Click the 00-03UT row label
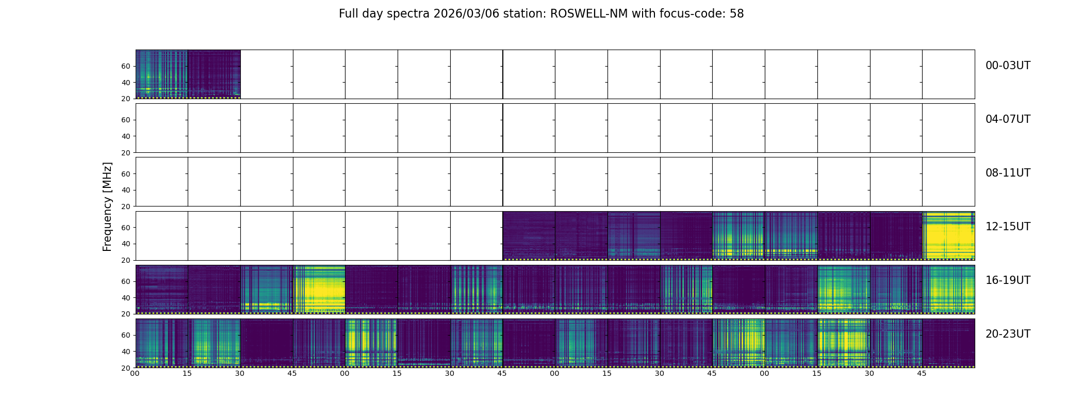point(1007,66)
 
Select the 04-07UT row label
point(1007,119)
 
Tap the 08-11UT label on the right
point(1007,173)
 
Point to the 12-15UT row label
point(1007,227)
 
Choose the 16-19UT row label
point(1007,280)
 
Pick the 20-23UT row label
point(1007,334)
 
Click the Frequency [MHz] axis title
point(107,206)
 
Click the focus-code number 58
point(736,14)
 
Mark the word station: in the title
point(527,14)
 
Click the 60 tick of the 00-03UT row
point(125,66)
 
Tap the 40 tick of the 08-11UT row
point(125,190)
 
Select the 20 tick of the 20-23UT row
point(125,368)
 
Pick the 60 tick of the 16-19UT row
point(125,281)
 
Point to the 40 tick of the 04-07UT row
point(125,136)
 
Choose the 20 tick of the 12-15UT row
point(125,260)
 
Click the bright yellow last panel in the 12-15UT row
point(948,235)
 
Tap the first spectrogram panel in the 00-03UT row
point(161,74)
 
